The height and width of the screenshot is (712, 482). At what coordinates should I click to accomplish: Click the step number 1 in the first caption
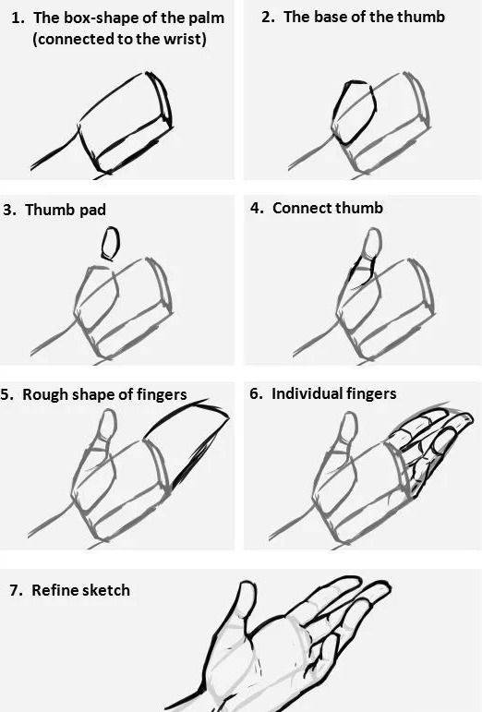click(x=18, y=18)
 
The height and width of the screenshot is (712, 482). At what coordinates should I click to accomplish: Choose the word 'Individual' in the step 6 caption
click(x=306, y=393)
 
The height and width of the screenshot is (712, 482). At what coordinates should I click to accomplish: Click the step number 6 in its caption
click(x=255, y=393)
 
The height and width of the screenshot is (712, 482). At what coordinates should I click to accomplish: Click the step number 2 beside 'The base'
click(x=268, y=17)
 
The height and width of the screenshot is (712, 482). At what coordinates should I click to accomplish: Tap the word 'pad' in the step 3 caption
click(x=93, y=211)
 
